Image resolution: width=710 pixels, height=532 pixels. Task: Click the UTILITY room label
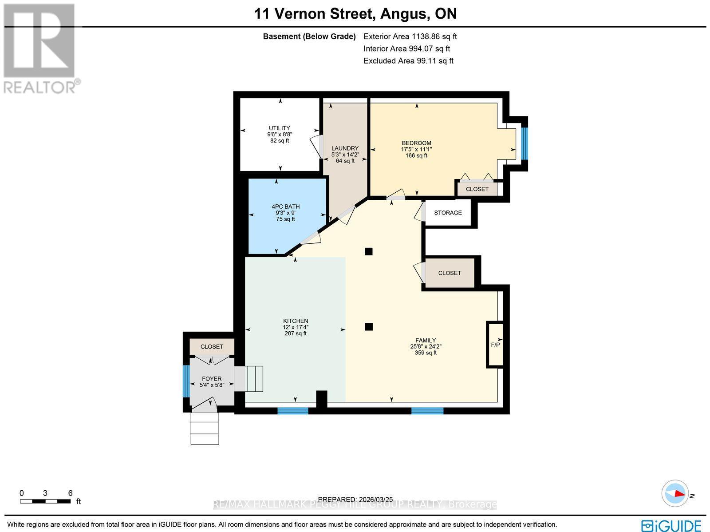click(279, 128)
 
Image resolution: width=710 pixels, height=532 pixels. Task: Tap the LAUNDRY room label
click(345, 148)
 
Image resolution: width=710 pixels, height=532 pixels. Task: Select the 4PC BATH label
click(285, 206)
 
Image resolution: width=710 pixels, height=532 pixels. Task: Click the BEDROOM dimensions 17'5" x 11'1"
click(416, 149)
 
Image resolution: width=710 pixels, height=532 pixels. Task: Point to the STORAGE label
click(448, 213)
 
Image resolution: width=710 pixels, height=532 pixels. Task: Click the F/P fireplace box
click(495, 345)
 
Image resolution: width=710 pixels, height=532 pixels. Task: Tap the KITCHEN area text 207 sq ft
click(296, 333)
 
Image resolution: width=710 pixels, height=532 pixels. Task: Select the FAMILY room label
click(426, 341)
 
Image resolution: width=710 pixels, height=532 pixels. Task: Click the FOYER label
click(211, 379)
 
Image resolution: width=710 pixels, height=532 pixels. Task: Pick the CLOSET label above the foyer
click(212, 346)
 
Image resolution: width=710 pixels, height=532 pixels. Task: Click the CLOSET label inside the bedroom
click(477, 189)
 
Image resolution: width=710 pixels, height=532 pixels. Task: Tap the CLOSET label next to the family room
click(450, 273)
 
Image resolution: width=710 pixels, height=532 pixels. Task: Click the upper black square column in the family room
click(368, 252)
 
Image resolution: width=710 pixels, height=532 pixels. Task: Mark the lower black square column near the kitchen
click(368, 327)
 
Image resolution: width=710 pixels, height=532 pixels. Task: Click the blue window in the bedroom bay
click(524, 143)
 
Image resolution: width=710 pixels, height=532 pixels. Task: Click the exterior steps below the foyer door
click(205, 429)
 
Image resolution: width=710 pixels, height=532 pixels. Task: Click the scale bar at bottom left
click(45, 501)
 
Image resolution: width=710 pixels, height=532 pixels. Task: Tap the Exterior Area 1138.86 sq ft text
click(410, 36)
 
